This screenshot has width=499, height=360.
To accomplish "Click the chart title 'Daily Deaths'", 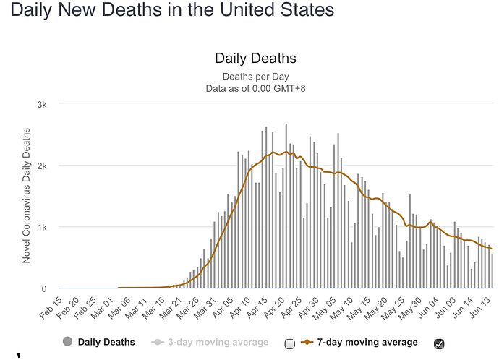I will click(x=255, y=59).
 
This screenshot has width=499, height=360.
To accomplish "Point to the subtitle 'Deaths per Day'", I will click(x=255, y=76).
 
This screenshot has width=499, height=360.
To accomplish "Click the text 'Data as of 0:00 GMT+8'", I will click(x=255, y=88).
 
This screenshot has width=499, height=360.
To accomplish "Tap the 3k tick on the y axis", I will click(x=43, y=104).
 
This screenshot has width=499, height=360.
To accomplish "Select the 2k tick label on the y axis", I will click(x=43, y=166).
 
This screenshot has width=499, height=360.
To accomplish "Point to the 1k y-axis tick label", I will click(x=43, y=227).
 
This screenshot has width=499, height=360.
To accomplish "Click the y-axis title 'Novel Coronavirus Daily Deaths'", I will click(x=27, y=195).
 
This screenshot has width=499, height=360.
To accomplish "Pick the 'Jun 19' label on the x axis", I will click(x=480, y=308).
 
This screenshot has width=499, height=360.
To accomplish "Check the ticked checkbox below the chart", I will click(x=439, y=343).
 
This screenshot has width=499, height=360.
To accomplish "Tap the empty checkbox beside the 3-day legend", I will click(x=290, y=343).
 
